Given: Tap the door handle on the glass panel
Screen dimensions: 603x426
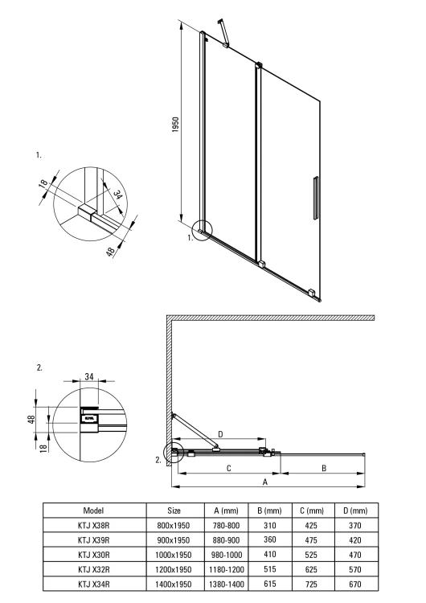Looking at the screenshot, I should (x=316, y=196).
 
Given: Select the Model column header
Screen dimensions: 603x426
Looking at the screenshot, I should (x=94, y=511).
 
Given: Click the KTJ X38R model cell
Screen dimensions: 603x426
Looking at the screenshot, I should (x=94, y=525).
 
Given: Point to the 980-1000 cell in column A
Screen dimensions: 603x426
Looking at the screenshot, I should (x=227, y=554).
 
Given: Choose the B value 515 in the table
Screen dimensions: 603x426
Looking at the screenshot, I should (x=269, y=568).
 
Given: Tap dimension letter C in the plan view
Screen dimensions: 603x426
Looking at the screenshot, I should (x=229, y=467).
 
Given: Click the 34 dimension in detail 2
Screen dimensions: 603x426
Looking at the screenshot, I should (x=88, y=375).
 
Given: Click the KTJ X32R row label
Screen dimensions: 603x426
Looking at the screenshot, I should (x=94, y=568).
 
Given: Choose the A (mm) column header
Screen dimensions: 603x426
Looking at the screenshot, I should (x=227, y=511).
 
